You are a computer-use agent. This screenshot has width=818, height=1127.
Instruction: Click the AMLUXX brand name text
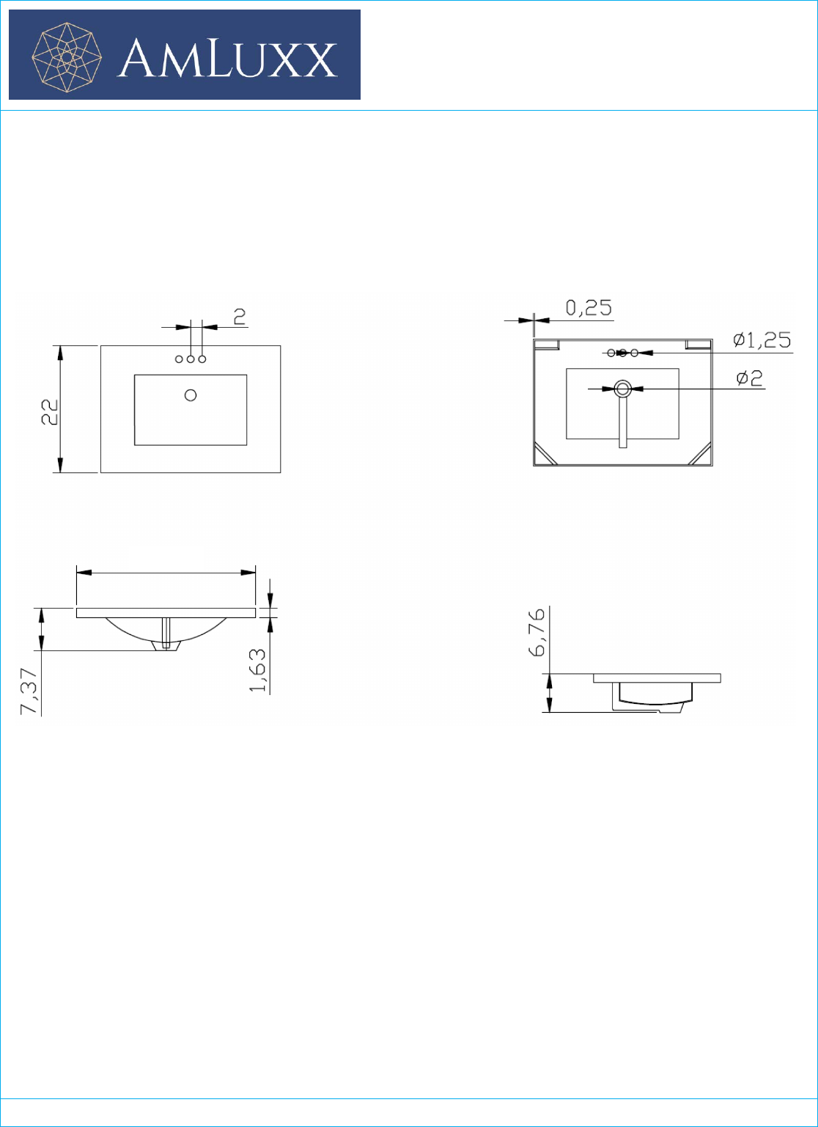tap(227, 60)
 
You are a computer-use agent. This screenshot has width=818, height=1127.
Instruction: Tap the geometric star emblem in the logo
tap(67, 57)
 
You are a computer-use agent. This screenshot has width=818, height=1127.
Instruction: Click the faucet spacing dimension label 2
tap(240, 316)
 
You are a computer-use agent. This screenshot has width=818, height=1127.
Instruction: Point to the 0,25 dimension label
tap(589, 307)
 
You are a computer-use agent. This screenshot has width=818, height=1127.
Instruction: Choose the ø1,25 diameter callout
tap(762, 340)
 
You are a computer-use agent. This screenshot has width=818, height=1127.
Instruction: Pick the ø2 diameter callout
tap(750, 378)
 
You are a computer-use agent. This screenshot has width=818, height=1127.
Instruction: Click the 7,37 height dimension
tap(29, 691)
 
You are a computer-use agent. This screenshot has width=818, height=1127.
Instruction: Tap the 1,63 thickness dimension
tap(257, 670)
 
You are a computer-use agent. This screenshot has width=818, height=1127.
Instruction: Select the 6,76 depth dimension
tap(537, 633)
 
